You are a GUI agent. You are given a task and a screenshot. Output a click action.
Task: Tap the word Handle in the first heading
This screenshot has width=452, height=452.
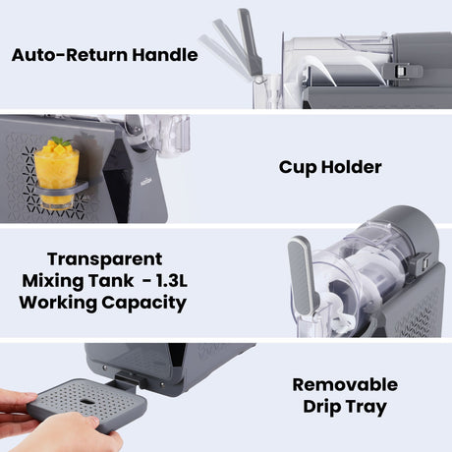tap(165, 54)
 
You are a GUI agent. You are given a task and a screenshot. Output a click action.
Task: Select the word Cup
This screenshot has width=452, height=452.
tap(298, 168)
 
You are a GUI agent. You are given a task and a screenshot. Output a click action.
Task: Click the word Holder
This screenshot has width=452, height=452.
tap(352, 167)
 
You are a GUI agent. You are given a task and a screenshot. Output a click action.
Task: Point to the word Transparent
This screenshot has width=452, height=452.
tap(105, 259)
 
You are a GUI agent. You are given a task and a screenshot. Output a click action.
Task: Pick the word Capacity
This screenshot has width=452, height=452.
tap(144, 304)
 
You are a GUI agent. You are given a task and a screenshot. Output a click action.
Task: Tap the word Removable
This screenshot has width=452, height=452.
tap(345, 384)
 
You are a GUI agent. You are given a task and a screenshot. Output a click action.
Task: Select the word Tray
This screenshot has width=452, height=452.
tap(366, 408)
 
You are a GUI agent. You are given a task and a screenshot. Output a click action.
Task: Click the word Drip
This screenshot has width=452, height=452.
tap(321, 407)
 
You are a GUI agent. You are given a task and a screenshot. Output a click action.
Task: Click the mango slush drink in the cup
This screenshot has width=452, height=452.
tap(56, 174)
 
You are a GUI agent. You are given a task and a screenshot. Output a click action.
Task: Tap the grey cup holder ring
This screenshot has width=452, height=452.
tap(61, 190)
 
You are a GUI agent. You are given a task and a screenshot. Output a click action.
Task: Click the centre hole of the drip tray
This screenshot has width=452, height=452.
tap(86, 402)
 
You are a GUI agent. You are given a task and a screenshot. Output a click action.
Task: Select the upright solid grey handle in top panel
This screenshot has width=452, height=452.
tap(250, 42)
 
